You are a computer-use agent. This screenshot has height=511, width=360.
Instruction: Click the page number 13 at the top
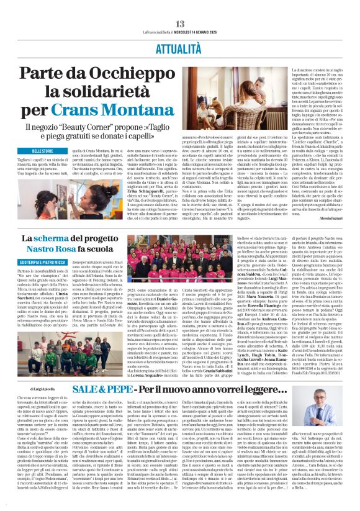tap(179, 6)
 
